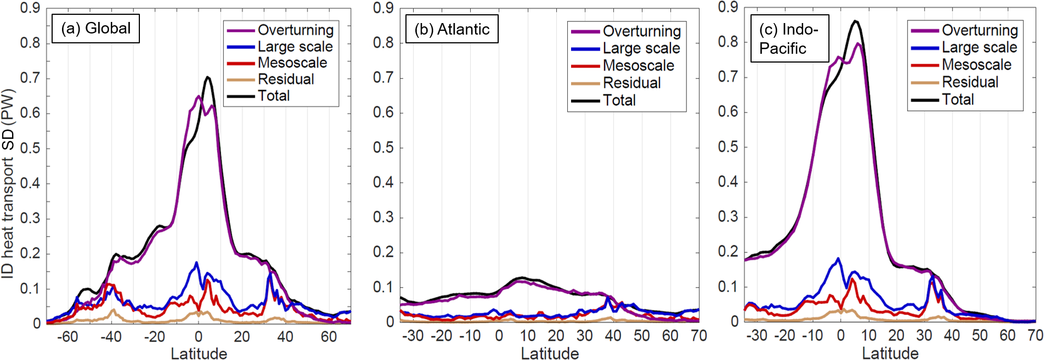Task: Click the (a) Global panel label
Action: (x=95, y=29)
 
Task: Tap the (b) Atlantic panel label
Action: (x=452, y=29)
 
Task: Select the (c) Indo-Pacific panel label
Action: (x=789, y=38)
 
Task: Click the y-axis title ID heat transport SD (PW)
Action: (x=8, y=184)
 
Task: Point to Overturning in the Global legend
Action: (x=295, y=30)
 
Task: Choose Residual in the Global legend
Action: (x=286, y=79)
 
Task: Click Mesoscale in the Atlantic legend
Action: (x=638, y=65)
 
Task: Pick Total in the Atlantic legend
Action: (x=619, y=100)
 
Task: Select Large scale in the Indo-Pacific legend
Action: (x=979, y=47)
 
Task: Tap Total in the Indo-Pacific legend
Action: (x=958, y=99)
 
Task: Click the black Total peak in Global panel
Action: (x=207, y=77)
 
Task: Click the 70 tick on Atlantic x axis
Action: (x=698, y=335)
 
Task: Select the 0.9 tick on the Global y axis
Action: (x=30, y=8)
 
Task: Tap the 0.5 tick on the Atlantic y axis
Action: (x=383, y=148)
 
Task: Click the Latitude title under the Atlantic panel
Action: (x=550, y=353)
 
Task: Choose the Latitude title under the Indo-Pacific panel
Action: (x=890, y=353)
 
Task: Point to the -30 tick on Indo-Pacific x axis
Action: (x=756, y=335)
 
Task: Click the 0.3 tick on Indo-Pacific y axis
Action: (x=728, y=217)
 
